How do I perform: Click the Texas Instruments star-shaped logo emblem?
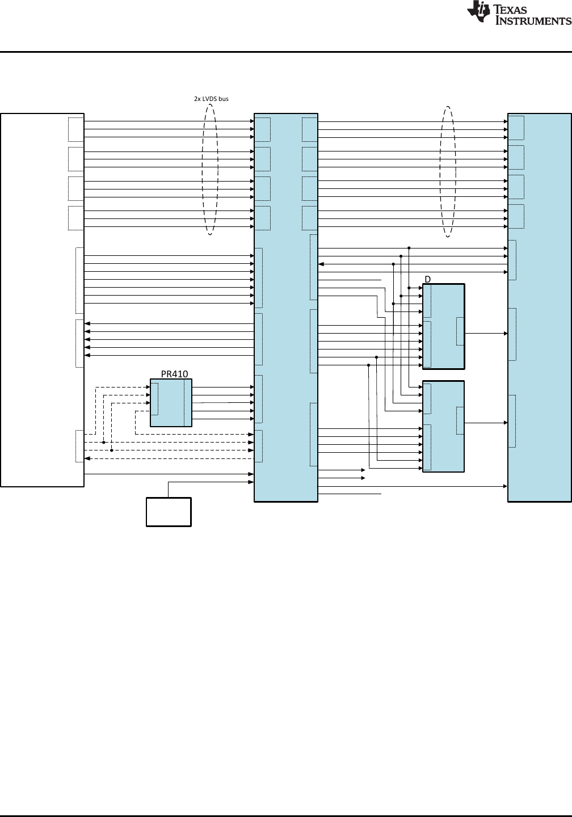click(x=478, y=12)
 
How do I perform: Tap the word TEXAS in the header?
click(x=511, y=9)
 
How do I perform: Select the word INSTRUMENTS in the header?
click(x=533, y=20)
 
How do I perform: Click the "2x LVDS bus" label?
click(x=211, y=99)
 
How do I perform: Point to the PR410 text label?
click(x=174, y=374)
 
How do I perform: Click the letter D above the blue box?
click(x=427, y=279)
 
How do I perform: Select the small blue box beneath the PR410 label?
click(x=171, y=403)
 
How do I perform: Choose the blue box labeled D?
click(x=443, y=326)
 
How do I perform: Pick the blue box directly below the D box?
click(x=443, y=427)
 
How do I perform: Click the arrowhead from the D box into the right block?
click(x=506, y=334)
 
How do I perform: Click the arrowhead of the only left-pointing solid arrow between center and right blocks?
click(x=321, y=264)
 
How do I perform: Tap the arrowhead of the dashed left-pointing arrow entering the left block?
click(x=87, y=458)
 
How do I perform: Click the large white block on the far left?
click(x=43, y=300)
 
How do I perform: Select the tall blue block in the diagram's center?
click(x=286, y=308)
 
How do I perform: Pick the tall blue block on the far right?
click(x=540, y=308)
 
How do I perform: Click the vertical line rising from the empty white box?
click(x=168, y=490)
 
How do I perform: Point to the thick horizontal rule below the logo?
click(x=286, y=52)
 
